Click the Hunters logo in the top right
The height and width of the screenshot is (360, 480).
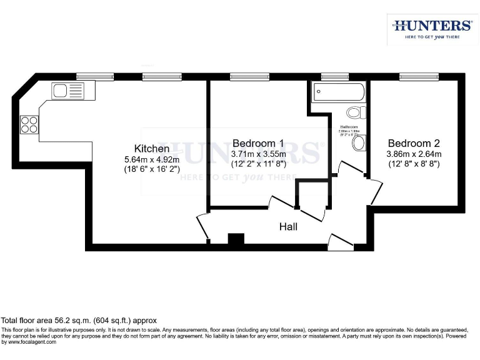click(x=432, y=28)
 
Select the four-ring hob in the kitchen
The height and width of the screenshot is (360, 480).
click(x=29, y=124)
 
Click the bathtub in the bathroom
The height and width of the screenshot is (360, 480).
click(x=337, y=93)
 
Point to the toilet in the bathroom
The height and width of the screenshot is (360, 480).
click(x=356, y=113)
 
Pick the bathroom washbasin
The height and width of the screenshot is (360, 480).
click(x=359, y=144)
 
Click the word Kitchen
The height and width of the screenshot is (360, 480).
click(x=152, y=149)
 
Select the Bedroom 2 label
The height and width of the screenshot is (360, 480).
click(x=414, y=143)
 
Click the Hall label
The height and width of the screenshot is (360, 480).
click(x=288, y=227)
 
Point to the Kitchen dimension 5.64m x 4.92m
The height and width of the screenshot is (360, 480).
click(x=152, y=159)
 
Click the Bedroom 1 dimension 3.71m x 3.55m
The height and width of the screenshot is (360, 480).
click(x=258, y=154)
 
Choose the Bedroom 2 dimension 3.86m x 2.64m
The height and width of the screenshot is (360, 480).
click(x=414, y=154)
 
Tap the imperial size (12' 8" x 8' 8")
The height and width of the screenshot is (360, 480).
click(x=414, y=164)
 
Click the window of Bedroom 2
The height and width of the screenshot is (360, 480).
click(x=417, y=77)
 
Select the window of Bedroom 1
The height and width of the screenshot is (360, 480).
click(x=249, y=77)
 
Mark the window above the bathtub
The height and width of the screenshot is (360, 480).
click(x=335, y=77)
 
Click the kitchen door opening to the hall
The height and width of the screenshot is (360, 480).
click(x=203, y=226)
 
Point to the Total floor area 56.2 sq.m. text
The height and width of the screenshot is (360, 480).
click(x=78, y=319)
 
